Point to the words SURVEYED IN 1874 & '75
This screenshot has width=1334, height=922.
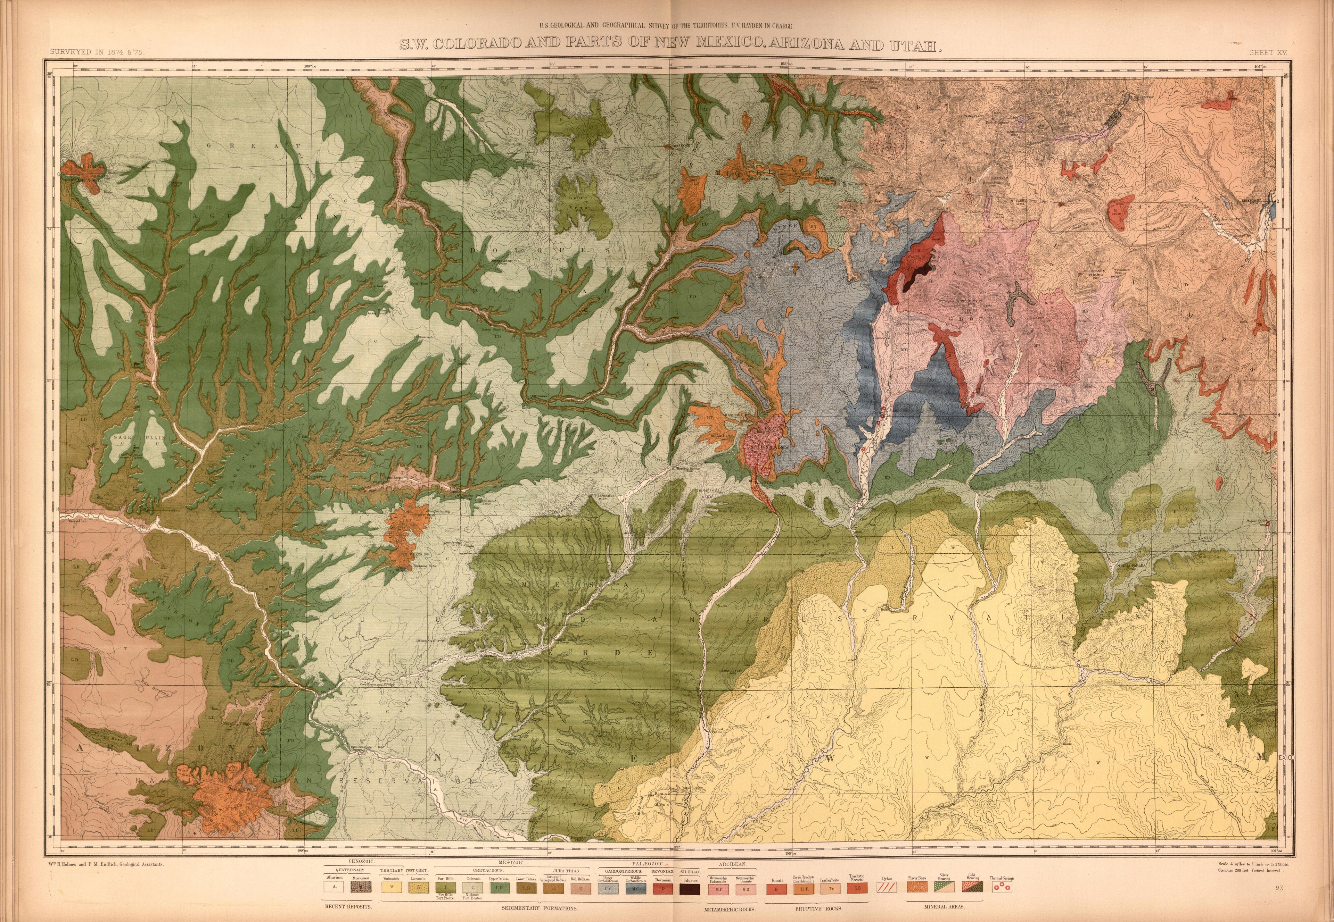click(96, 52)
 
